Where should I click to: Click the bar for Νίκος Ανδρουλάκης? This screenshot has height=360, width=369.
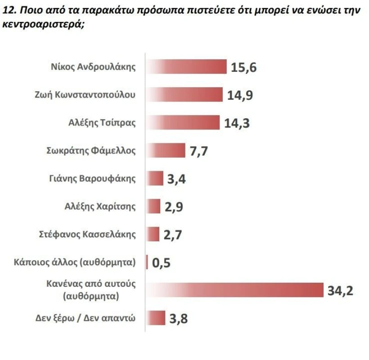186,67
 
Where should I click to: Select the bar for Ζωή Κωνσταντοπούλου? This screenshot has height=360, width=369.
184,94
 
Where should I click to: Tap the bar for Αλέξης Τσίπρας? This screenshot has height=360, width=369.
183,122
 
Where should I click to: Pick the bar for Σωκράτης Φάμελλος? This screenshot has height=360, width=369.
166,150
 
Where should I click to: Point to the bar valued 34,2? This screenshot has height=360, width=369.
234,290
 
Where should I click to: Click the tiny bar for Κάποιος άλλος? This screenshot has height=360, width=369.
147,262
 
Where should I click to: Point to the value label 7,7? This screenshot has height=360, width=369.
198,151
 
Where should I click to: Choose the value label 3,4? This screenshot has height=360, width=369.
176,179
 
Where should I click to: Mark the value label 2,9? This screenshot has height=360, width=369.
174,207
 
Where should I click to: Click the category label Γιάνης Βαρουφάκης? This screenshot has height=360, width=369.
92,178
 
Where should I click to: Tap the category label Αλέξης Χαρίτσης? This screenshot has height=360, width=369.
100,206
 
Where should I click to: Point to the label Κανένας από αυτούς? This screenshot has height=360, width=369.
91,284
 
